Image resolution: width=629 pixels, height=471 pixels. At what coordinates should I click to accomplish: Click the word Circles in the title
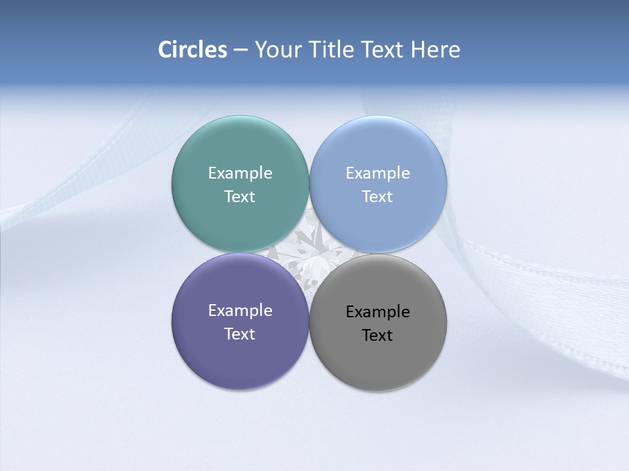coord(193,50)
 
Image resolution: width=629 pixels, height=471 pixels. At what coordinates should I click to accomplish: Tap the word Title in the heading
coord(334,50)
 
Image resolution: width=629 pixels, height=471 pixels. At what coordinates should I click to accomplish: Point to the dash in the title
coord(240,50)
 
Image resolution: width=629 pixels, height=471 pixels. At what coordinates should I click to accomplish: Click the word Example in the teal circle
coord(240,173)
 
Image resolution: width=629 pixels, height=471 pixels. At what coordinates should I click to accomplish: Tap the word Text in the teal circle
coord(240,197)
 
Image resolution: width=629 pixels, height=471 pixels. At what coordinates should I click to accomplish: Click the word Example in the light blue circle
coord(378,173)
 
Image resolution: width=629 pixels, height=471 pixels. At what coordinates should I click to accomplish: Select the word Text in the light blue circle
coord(378,197)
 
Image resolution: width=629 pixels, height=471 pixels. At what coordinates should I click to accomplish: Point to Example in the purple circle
coord(240,311)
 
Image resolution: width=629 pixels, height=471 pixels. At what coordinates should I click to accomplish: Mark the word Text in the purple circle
coord(240,334)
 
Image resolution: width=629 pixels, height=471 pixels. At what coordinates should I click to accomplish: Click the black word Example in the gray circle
coord(378,312)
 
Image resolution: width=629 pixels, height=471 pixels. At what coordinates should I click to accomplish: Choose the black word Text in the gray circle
coord(378,336)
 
